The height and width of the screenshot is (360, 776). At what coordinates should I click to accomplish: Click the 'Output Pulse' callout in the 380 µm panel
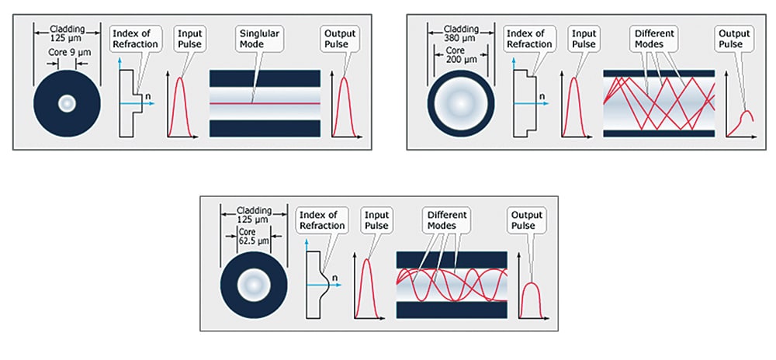[x=733, y=40]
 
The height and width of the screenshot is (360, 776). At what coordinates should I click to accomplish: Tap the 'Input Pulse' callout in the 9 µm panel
[x=189, y=39]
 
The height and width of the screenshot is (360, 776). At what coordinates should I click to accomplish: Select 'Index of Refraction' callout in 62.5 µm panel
[x=319, y=220]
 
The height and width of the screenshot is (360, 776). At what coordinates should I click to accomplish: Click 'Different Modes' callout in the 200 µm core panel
[x=655, y=40]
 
